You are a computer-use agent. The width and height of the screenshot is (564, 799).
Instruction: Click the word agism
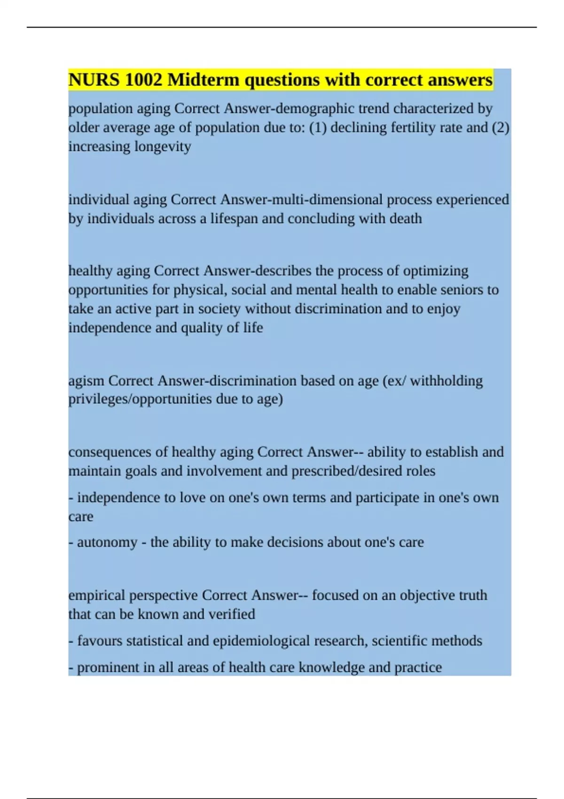point(86,380)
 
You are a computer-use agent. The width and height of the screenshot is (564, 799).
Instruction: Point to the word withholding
point(446,380)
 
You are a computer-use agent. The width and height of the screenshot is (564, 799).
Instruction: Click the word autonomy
point(107,542)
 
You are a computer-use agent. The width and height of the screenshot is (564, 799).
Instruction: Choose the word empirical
point(97,595)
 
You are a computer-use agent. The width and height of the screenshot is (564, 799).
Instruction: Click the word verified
point(231,614)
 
